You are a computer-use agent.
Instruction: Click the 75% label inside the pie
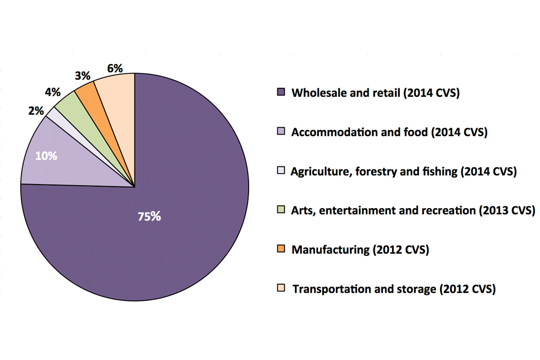pos(149,217)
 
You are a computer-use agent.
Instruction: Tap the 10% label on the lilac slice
pos(46,156)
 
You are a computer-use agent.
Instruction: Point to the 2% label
pos(35,111)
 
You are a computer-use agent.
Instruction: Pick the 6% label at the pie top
pos(115,68)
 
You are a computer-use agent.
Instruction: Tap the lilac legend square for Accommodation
pos(282,132)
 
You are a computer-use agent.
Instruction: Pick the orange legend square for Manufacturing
pos(282,249)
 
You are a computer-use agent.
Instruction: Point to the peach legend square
pos(282,289)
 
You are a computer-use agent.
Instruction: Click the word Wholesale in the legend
pos(316,93)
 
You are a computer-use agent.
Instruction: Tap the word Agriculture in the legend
pos(319,172)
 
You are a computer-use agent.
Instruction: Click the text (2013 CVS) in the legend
pos(507,210)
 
